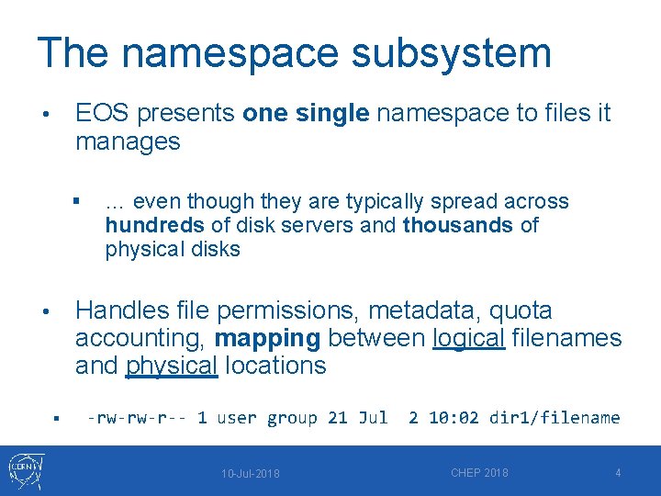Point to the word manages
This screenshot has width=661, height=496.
(x=128, y=142)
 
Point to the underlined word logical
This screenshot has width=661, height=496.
(x=468, y=338)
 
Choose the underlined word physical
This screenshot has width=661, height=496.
(x=172, y=366)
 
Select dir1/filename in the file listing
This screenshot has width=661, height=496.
(x=555, y=418)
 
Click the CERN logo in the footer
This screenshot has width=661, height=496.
(x=25, y=470)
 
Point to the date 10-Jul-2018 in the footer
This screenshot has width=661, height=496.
(x=251, y=474)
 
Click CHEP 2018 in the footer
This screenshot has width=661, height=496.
(x=479, y=473)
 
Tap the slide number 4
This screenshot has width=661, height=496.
(x=618, y=473)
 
